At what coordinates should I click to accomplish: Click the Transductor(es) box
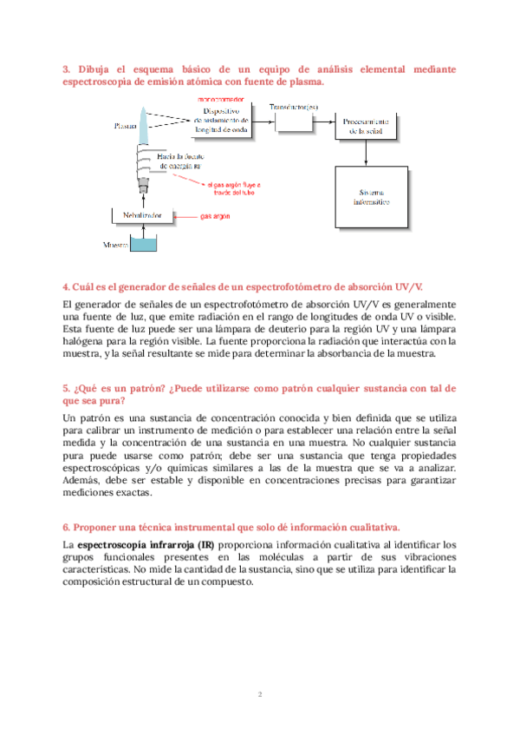coord(294,118)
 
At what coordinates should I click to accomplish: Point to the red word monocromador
coord(221,102)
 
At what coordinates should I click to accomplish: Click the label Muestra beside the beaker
coord(115,246)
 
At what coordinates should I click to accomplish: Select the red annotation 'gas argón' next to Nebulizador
coord(215,215)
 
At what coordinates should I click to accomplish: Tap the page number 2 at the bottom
coord(259,694)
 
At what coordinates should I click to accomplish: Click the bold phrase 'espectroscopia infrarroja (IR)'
coord(140,544)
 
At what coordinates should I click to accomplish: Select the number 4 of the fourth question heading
coord(67,286)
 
